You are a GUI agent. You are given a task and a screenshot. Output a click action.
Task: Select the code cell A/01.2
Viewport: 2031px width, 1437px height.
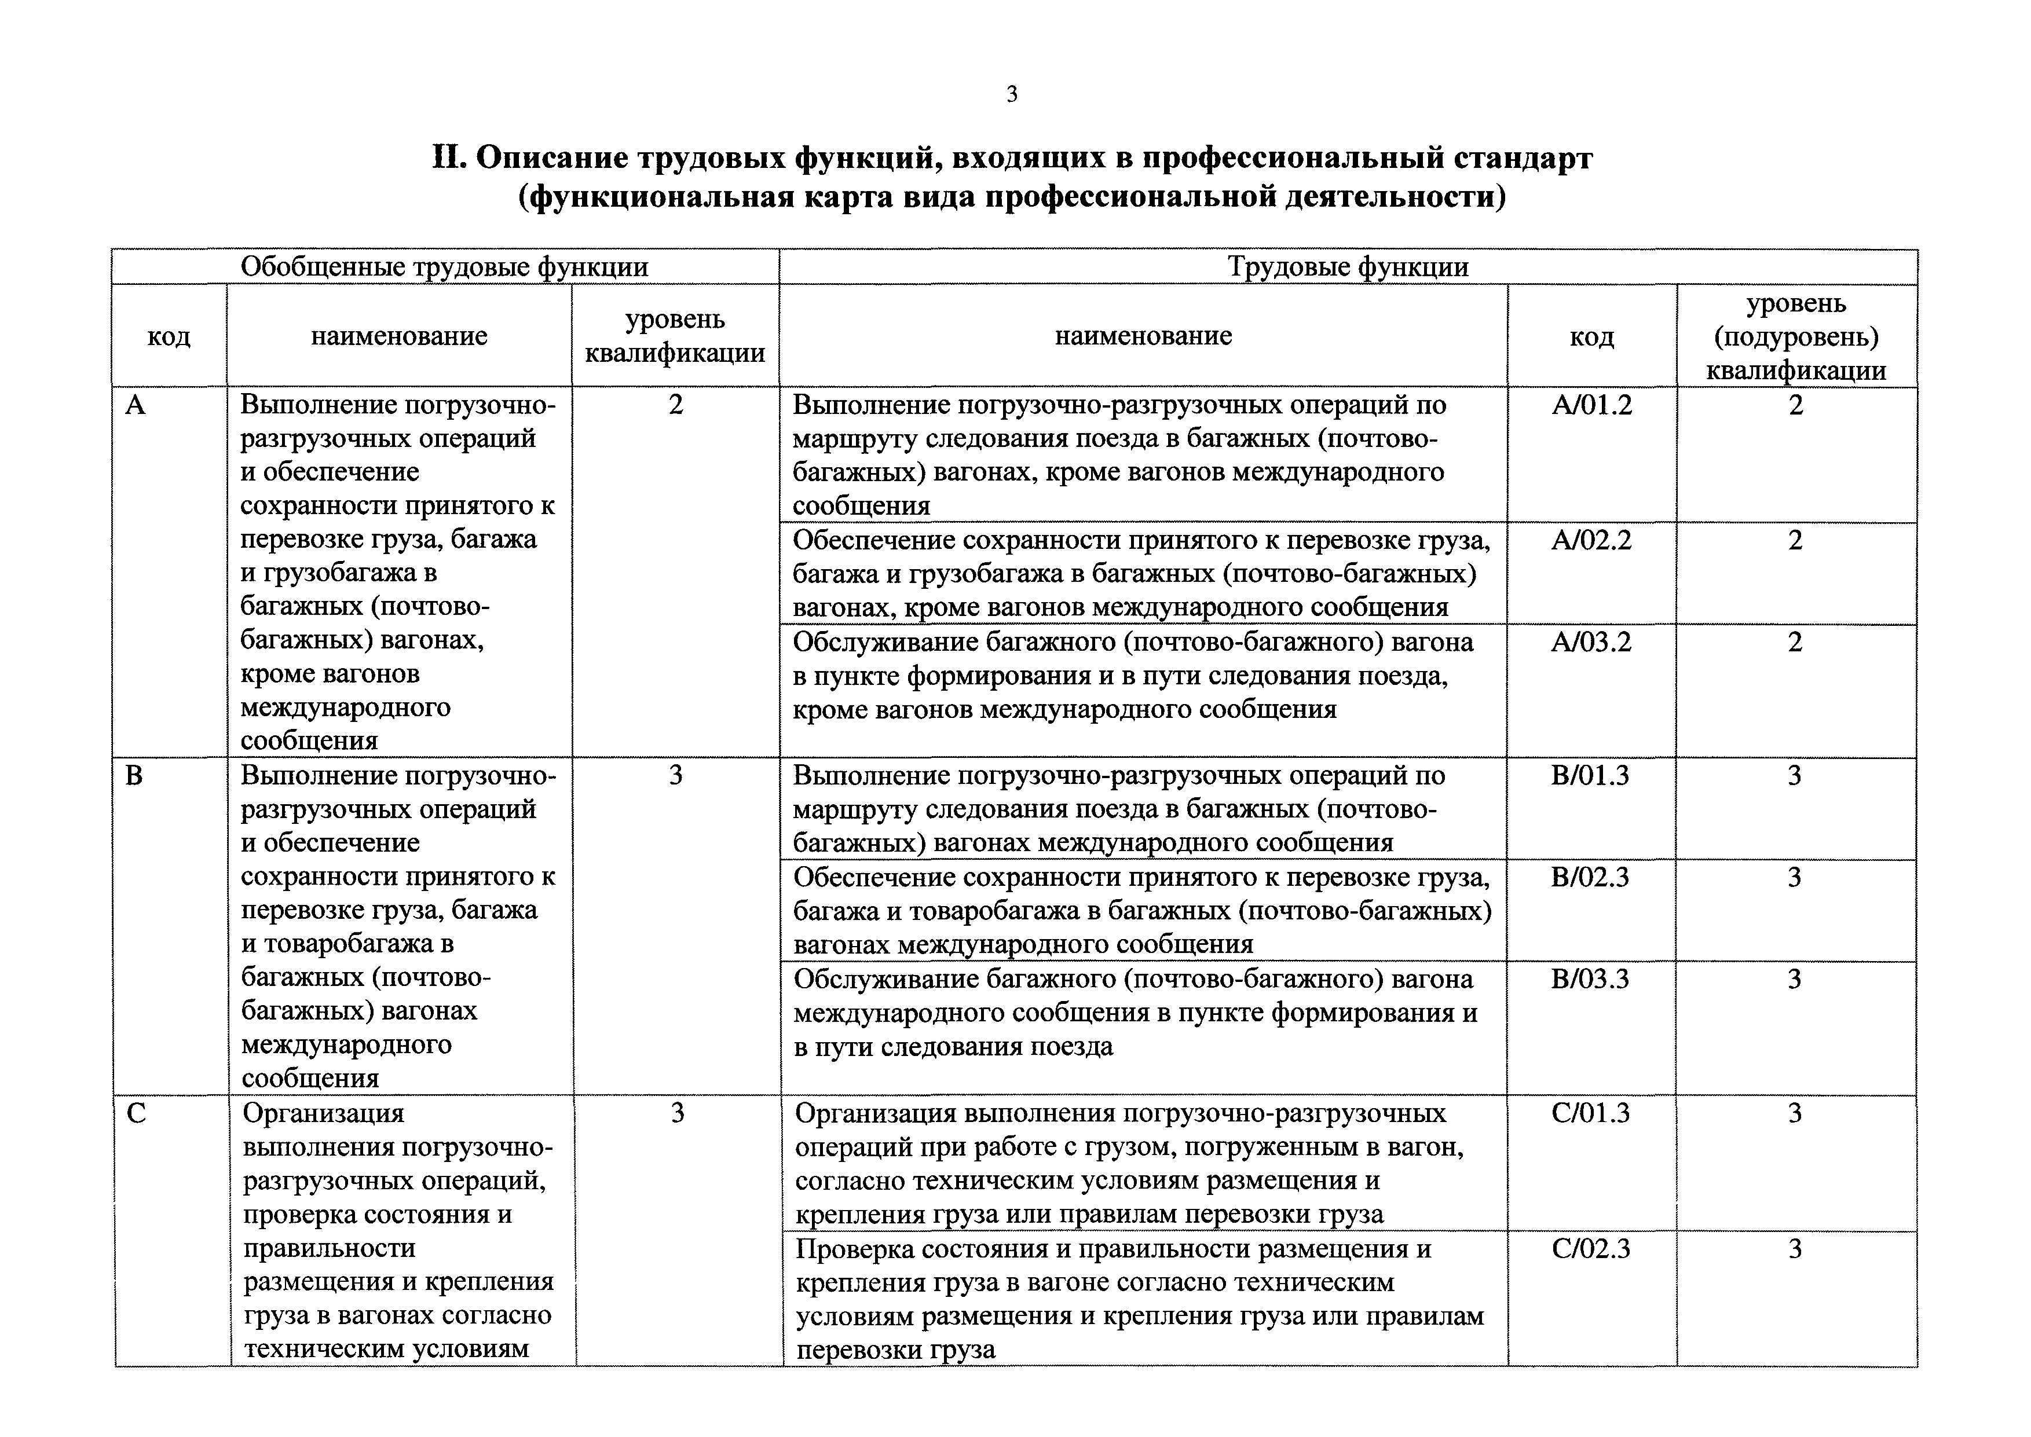pyautogui.click(x=1591, y=405)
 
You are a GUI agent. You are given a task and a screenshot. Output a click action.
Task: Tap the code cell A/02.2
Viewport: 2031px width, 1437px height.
pyautogui.click(x=1591, y=540)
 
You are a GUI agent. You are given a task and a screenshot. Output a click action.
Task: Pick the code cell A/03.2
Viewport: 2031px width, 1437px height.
pyautogui.click(x=1591, y=641)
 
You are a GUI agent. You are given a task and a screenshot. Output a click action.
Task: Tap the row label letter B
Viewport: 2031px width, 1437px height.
pyautogui.click(x=134, y=776)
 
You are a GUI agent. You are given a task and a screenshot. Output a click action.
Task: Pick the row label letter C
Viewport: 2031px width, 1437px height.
pyautogui.click(x=136, y=1113)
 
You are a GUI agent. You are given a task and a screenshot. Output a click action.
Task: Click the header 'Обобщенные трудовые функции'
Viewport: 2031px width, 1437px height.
pyautogui.click(x=444, y=267)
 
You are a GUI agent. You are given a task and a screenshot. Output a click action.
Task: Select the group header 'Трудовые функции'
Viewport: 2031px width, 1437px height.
pyautogui.click(x=1348, y=267)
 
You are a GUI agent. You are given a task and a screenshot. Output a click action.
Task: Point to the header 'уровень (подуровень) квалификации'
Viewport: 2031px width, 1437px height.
pyautogui.click(x=1796, y=337)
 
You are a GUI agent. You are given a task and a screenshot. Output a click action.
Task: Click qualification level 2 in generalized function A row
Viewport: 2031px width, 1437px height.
pyautogui.click(x=675, y=405)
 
